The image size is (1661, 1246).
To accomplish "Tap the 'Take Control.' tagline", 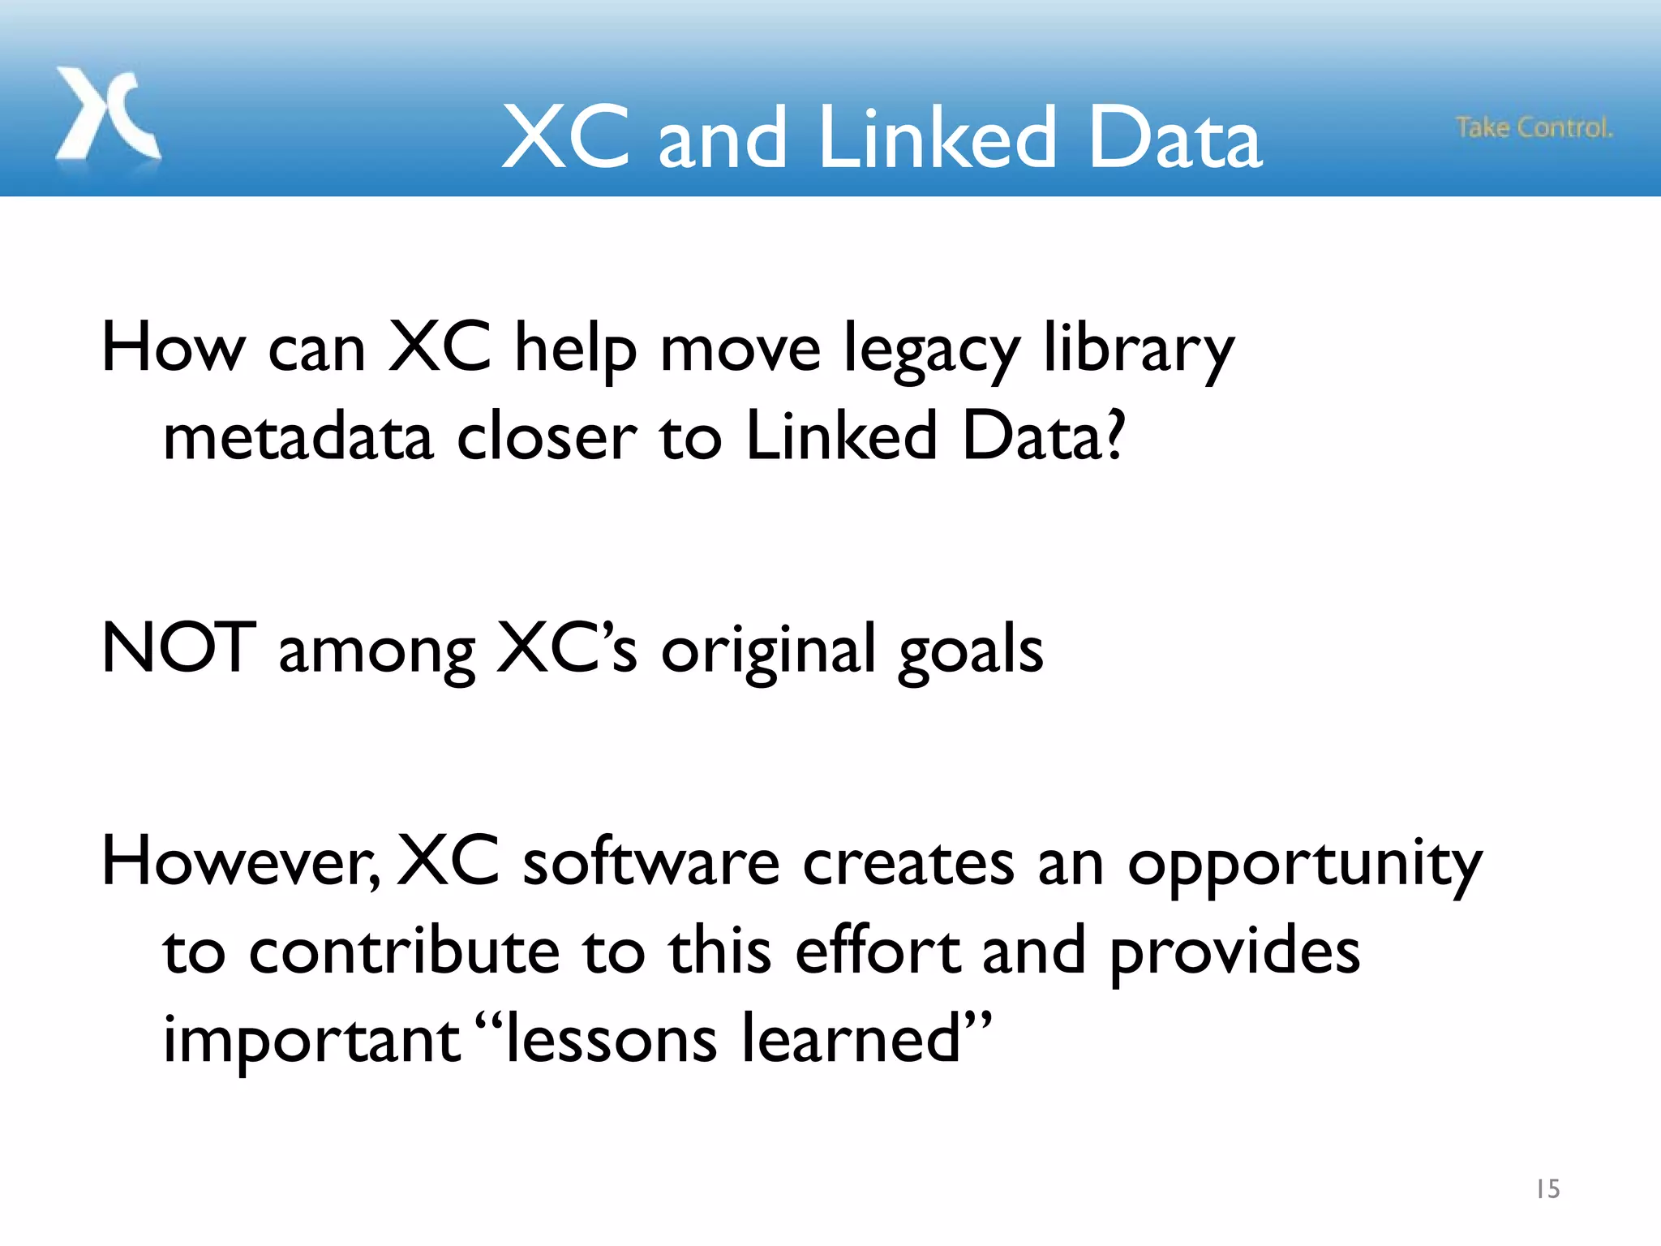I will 1534,128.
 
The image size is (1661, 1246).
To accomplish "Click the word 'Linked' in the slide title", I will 938,139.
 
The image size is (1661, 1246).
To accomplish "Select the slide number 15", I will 1547,1189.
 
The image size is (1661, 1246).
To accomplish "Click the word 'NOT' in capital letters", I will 179,648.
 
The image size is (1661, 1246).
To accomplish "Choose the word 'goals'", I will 971,651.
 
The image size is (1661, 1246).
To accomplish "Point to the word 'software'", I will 650,862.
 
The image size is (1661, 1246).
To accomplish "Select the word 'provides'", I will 1234,952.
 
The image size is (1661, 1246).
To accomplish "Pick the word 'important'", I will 312,1041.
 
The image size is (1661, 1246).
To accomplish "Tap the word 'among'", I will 376,651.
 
